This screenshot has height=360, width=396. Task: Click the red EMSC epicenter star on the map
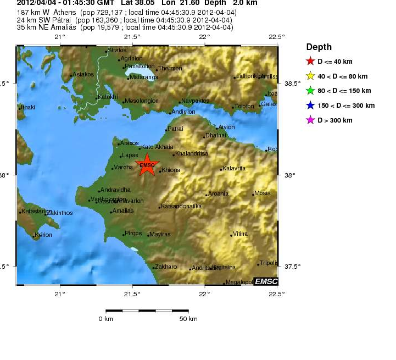[x=147, y=165]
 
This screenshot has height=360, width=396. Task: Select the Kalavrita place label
[x=234, y=168]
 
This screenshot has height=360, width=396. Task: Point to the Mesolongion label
[x=142, y=101]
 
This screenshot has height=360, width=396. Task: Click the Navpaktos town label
[x=196, y=101]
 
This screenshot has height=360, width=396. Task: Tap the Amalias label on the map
[x=123, y=211]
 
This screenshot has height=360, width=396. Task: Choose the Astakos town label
[x=83, y=74]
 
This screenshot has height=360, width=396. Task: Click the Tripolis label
[x=269, y=263]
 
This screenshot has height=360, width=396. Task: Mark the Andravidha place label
[x=116, y=190]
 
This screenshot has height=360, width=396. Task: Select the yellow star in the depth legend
[x=310, y=76]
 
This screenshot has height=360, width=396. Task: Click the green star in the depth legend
[x=310, y=91]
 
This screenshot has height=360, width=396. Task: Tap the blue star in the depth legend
[x=310, y=106]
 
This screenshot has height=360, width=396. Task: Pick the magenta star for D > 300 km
[x=310, y=120]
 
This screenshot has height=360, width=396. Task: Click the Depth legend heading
[x=319, y=47]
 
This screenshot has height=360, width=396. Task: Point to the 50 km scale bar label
[x=188, y=319]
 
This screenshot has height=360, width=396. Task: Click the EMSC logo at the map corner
[x=265, y=281]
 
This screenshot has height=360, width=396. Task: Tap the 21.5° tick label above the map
[x=132, y=37]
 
